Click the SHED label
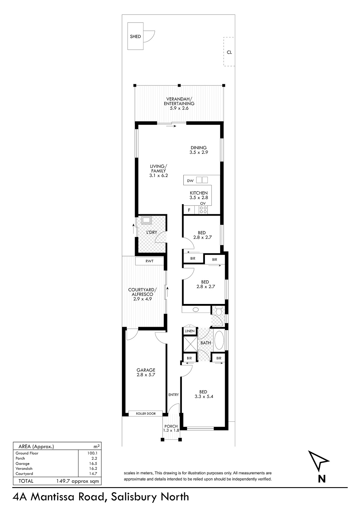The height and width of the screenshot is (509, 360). click(x=135, y=36)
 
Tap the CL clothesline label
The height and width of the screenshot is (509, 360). click(x=229, y=52)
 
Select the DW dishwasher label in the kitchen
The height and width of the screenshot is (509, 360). click(x=190, y=181)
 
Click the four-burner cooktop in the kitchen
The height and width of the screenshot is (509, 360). click(x=203, y=210)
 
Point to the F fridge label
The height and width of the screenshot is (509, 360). click(x=189, y=210)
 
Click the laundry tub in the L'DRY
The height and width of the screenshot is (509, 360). click(x=146, y=220)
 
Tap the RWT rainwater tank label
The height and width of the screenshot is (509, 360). click(x=149, y=261)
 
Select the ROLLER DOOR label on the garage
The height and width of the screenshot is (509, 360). click(x=146, y=413)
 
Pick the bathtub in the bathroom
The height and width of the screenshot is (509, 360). click(x=219, y=340)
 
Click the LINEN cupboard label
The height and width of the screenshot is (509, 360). click(x=190, y=331)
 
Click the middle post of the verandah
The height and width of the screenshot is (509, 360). click(x=179, y=85)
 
